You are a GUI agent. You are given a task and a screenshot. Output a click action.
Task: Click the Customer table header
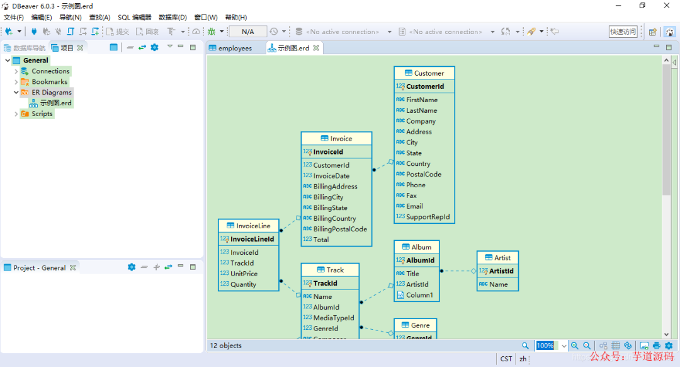pyautogui.click(x=424, y=73)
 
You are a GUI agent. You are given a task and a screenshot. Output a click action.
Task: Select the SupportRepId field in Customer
pyautogui.click(x=428, y=217)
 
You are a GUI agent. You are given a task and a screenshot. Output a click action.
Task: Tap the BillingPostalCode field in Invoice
pyautogui.click(x=339, y=229)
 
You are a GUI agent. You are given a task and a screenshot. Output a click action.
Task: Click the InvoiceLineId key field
pyautogui.click(x=252, y=240)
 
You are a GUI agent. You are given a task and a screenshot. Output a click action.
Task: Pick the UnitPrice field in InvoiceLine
pyautogui.click(x=244, y=274)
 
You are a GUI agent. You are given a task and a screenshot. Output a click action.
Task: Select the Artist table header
pyautogui.click(x=497, y=258)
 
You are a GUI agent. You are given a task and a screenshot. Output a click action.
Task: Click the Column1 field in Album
pyautogui.click(x=419, y=295)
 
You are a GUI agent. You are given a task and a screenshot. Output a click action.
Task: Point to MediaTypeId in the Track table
pyautogui.click(x=334, y=318)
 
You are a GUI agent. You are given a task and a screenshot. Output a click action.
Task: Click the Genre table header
pyautogui.click(x=416, y=325)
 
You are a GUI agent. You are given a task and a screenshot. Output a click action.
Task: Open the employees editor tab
pyautogui.click(x=234, y=48)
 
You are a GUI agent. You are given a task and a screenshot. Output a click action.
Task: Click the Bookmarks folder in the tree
pyautogui.click(x=49, y=82)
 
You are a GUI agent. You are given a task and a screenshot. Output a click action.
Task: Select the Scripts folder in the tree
pyautogui.click(x=42, y=114)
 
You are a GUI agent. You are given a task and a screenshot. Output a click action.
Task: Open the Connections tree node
pyautogui.click(x=50, y=71)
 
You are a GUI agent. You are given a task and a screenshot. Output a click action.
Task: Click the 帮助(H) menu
pyautogui.click(x=235, y=18)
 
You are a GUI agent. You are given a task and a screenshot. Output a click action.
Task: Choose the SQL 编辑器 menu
pyautogui.click(x=134, y=18)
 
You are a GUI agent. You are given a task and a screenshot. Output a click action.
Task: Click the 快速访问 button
pyautogui.click(x=623, y=32)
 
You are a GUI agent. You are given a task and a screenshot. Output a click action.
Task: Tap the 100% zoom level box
pyautogui.click(x=545, y=346)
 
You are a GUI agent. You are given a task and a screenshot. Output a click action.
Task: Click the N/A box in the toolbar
pyautogui.click(x=247, y=32)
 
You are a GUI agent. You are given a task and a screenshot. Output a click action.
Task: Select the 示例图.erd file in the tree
pyautogui.click(x=55, y=103)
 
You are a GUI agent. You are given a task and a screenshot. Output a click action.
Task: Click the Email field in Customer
pyautogui.click(x=414, y=206)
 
